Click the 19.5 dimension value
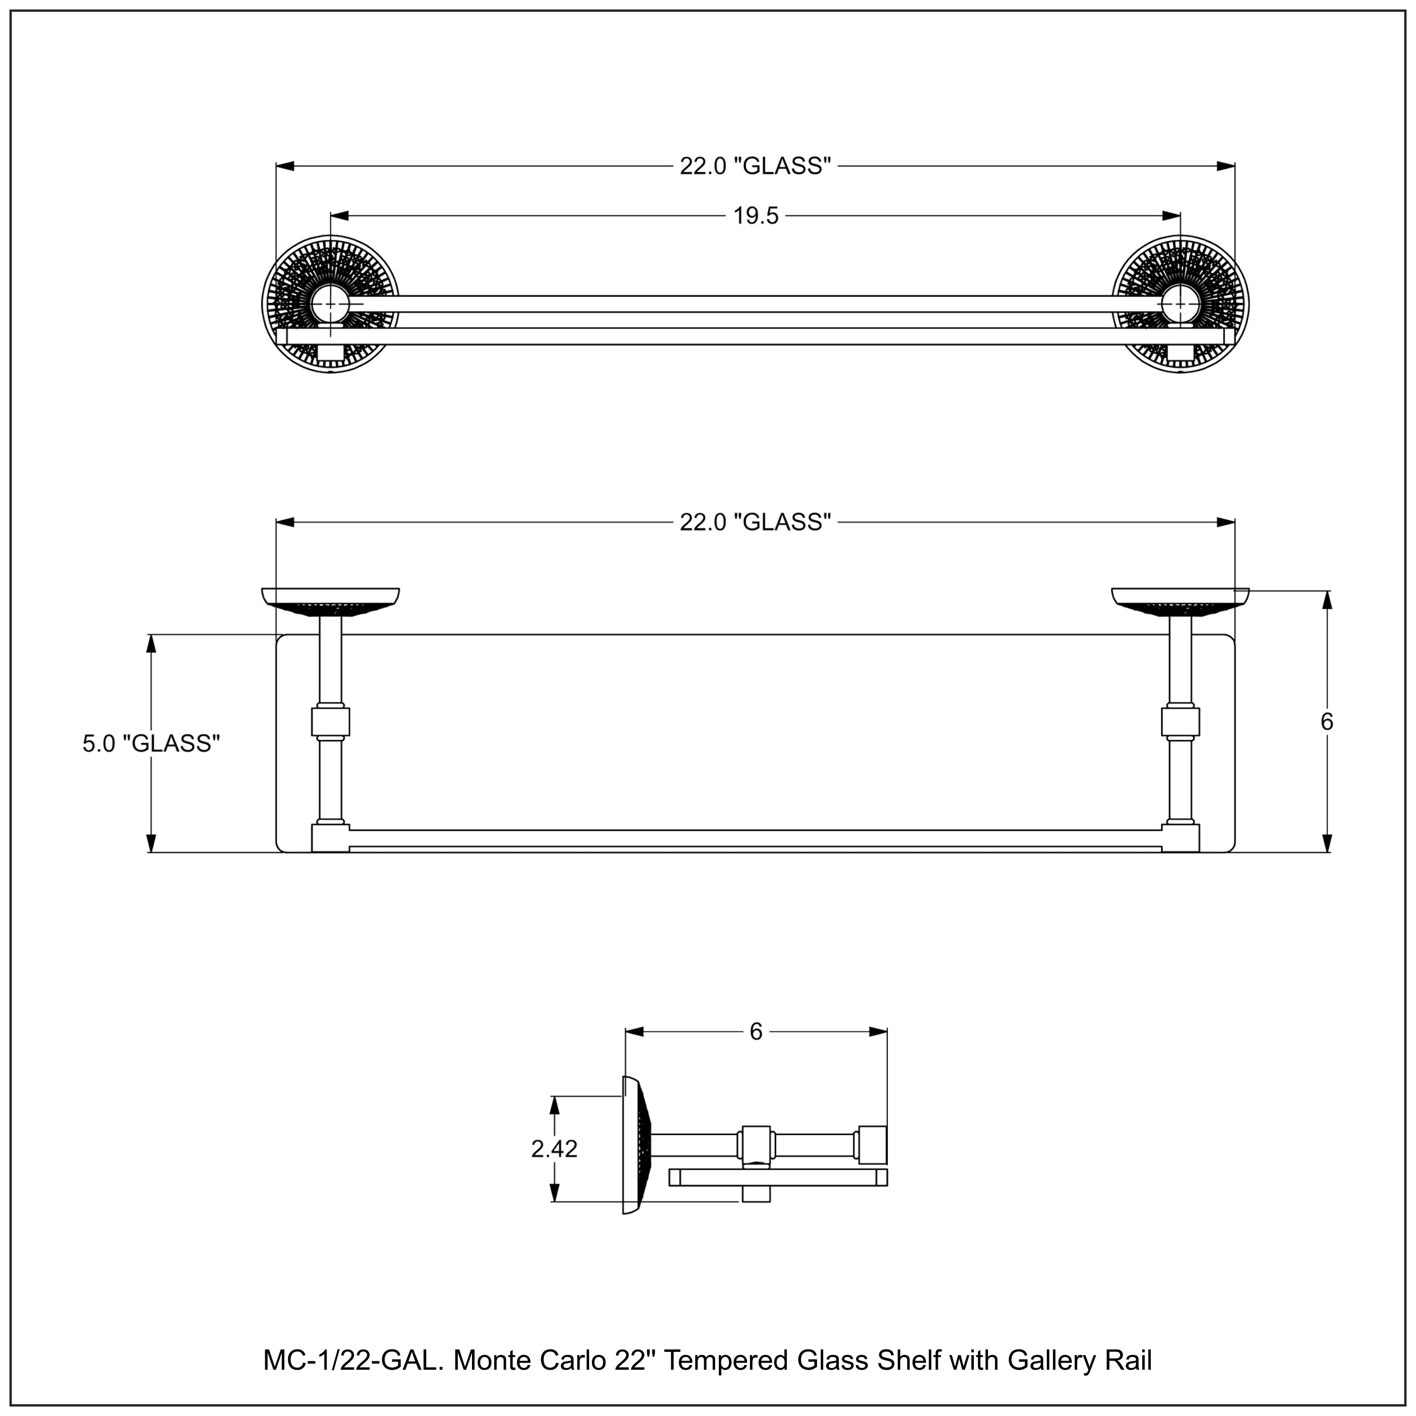point(756,216)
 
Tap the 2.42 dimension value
point(554,1148)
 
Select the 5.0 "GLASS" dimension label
point(151,743)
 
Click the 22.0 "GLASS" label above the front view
point(756,166)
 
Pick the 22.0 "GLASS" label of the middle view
point(756,522)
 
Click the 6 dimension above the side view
point(756,1032)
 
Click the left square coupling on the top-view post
point(330,721)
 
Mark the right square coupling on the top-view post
point(1181,721)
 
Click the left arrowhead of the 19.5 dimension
point(338,216)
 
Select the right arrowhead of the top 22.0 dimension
point(1225,166)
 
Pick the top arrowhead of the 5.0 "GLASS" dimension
point(151,643)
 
